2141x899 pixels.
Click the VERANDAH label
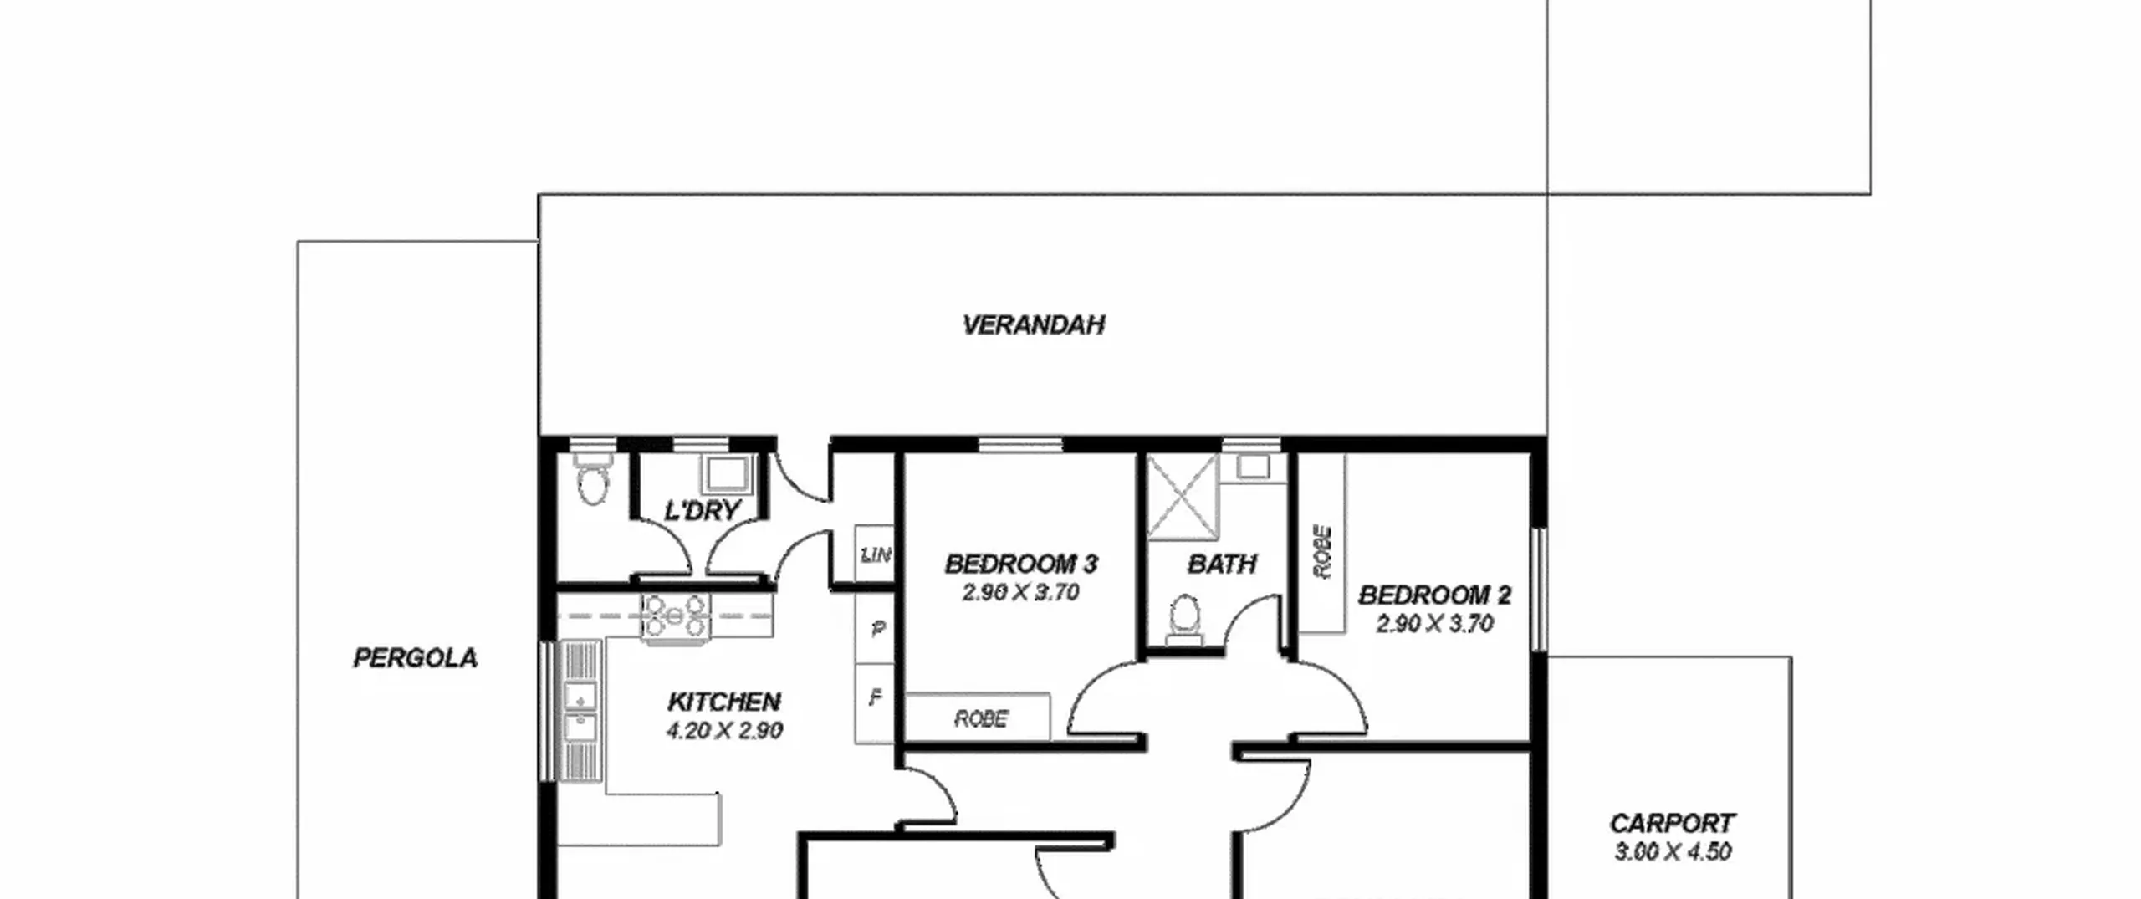1034,324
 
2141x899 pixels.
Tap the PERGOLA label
416,658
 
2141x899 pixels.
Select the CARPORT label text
1672,823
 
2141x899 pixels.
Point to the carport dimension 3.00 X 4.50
1672,851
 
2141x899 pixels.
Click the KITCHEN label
724,701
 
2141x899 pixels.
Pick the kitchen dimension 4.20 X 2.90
724,730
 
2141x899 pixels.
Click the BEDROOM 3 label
1021,564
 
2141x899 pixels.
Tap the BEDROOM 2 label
1435,595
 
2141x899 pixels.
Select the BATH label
1222,564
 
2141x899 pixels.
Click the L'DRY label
703,510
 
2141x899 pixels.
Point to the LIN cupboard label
876,554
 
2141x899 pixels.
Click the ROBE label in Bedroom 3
981,718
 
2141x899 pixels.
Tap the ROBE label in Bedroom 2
1322,552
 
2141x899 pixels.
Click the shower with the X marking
1183,497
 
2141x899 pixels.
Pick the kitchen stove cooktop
675,618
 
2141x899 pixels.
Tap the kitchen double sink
580,711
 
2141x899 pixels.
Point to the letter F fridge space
875,697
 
